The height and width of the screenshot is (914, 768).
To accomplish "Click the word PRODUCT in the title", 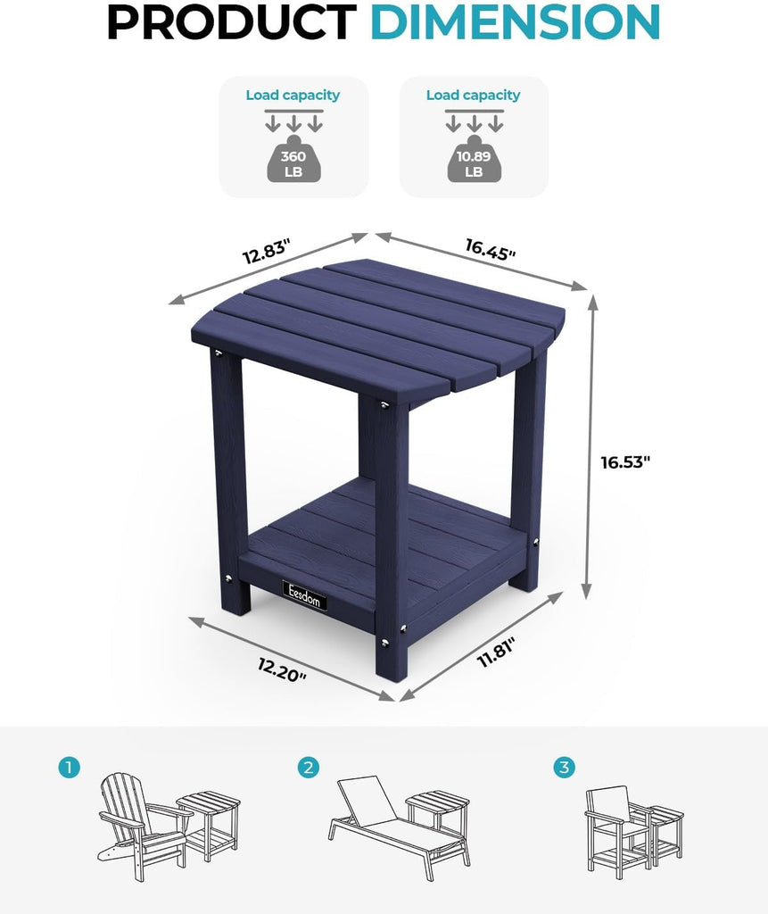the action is click(x=231, y=21).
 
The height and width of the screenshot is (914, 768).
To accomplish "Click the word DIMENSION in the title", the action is click(x=515, y=21).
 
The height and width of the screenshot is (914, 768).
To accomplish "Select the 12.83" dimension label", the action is click(x=267, y=252).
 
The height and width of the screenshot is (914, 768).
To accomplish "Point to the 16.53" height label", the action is click(x=625, y=462).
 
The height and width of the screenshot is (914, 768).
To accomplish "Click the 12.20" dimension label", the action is click(x=282, y=669).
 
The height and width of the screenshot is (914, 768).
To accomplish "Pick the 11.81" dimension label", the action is click(x=497, y=653).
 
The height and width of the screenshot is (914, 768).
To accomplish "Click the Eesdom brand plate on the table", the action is click(x=305, y=595).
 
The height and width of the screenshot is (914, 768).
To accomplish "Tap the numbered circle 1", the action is click(x=69, y=767).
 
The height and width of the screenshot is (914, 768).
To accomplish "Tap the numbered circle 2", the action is click(x=309, y=767).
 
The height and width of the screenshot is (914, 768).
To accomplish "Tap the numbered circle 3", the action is click(x=564, y=767).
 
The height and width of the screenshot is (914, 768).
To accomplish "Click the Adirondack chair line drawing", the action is click(x=144, y=825).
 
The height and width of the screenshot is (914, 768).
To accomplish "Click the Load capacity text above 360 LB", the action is click(x=293, y=95).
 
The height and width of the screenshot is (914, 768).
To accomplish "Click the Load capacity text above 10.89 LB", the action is click(x=473, y=95).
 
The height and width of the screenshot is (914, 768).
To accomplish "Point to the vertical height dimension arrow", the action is click(x=590, y=446).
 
